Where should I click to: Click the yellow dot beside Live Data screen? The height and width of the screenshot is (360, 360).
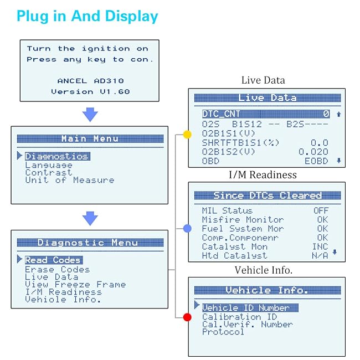187,135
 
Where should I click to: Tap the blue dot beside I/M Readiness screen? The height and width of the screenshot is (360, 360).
187,228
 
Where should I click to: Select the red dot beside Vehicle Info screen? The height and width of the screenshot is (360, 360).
187,317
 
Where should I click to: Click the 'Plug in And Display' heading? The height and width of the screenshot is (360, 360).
88,16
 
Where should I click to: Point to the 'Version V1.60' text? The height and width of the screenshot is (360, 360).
90,91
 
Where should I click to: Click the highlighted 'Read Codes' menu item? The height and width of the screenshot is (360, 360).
53,260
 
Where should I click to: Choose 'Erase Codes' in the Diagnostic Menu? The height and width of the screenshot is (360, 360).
57,270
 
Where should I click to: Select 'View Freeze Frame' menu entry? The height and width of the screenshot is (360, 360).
75,285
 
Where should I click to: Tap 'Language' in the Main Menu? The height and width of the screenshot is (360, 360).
49,165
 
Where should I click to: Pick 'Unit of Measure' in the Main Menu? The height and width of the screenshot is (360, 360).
70,180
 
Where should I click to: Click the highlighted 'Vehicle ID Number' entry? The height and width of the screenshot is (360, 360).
246,307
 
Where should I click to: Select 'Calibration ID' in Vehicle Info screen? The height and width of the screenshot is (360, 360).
239,317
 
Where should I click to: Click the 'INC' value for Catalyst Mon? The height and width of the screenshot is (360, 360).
320,246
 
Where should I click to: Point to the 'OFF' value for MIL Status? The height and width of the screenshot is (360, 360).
321,210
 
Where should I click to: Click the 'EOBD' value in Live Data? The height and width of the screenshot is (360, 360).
316,161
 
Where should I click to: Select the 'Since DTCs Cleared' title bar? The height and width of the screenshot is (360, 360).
267,196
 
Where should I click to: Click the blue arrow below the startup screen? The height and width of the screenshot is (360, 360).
89,115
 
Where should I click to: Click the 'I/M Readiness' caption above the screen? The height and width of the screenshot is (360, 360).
263,174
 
